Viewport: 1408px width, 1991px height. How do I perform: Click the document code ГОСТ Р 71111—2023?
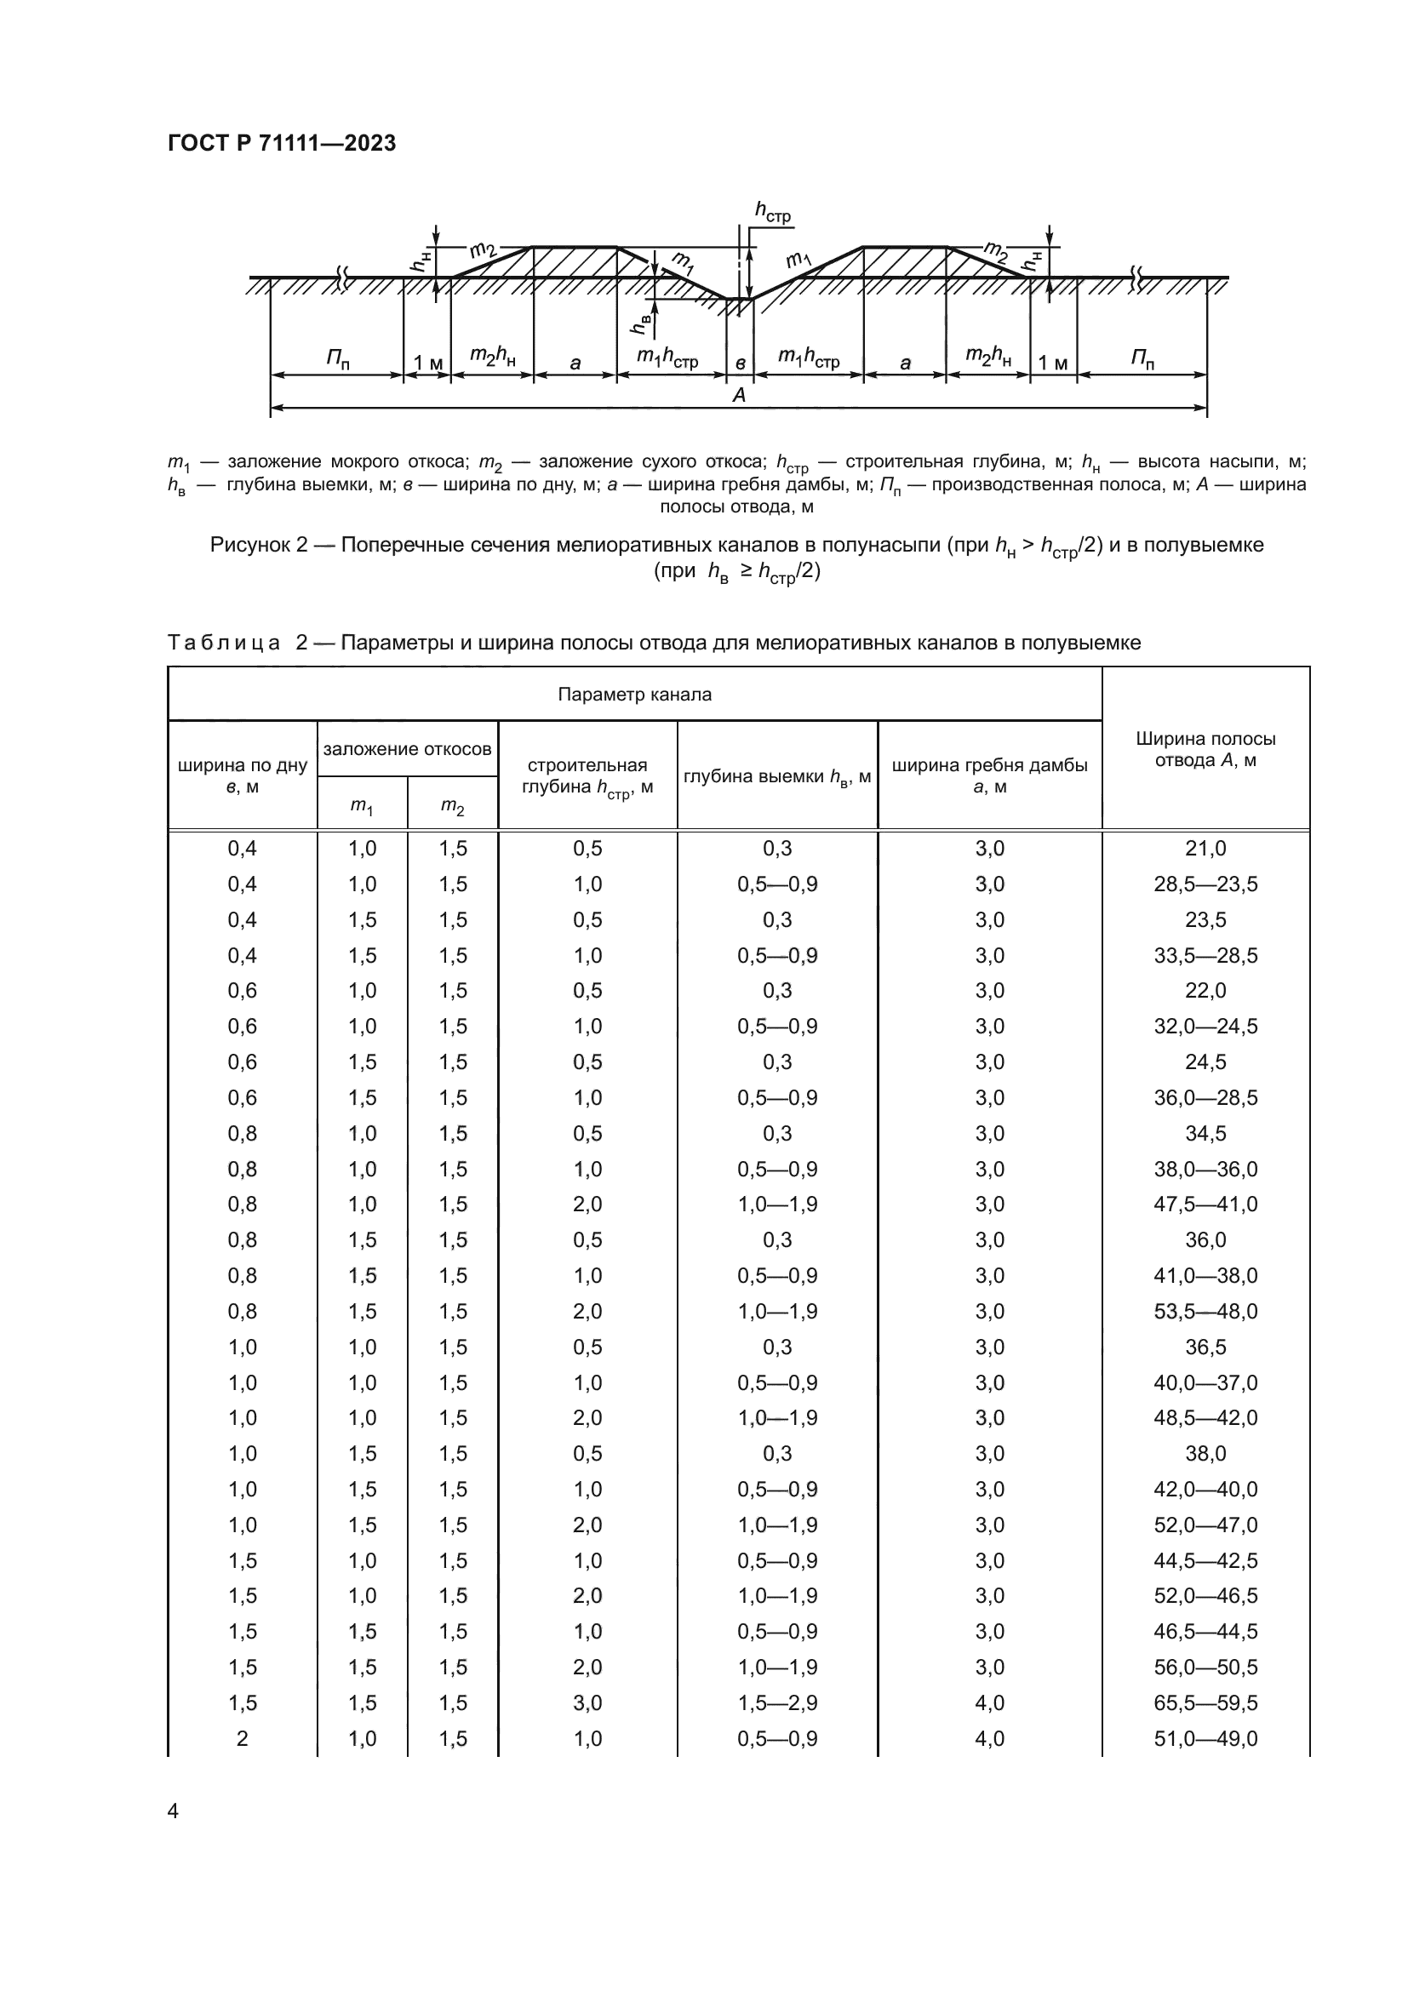click(281, 143)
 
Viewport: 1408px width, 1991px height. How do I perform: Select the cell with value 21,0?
click(1205, 848)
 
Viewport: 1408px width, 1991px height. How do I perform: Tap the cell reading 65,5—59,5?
click(1205, 1702)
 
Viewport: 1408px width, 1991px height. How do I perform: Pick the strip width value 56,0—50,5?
click(1205, 1667)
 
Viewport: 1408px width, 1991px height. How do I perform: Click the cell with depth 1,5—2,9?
click(777, 1702)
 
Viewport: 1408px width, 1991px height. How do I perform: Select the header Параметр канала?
click(634, 695)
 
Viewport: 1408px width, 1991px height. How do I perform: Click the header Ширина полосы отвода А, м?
click(1205, 749)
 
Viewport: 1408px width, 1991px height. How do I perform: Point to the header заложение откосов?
click(408, 748)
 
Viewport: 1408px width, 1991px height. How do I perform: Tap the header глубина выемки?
click(777, 777)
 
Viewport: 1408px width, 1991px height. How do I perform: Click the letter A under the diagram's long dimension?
click(739, 396)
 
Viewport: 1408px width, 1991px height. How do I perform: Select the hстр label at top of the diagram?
click(772, 211)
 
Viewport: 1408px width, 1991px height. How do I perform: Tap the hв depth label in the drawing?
click(643, 324)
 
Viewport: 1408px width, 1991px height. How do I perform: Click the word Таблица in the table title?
click(223, 643)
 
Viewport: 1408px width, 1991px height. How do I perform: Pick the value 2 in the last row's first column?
click(242, 1738)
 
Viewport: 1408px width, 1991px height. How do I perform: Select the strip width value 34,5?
click(1205, 1133)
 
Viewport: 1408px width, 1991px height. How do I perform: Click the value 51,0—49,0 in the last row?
click(1205, 1738)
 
